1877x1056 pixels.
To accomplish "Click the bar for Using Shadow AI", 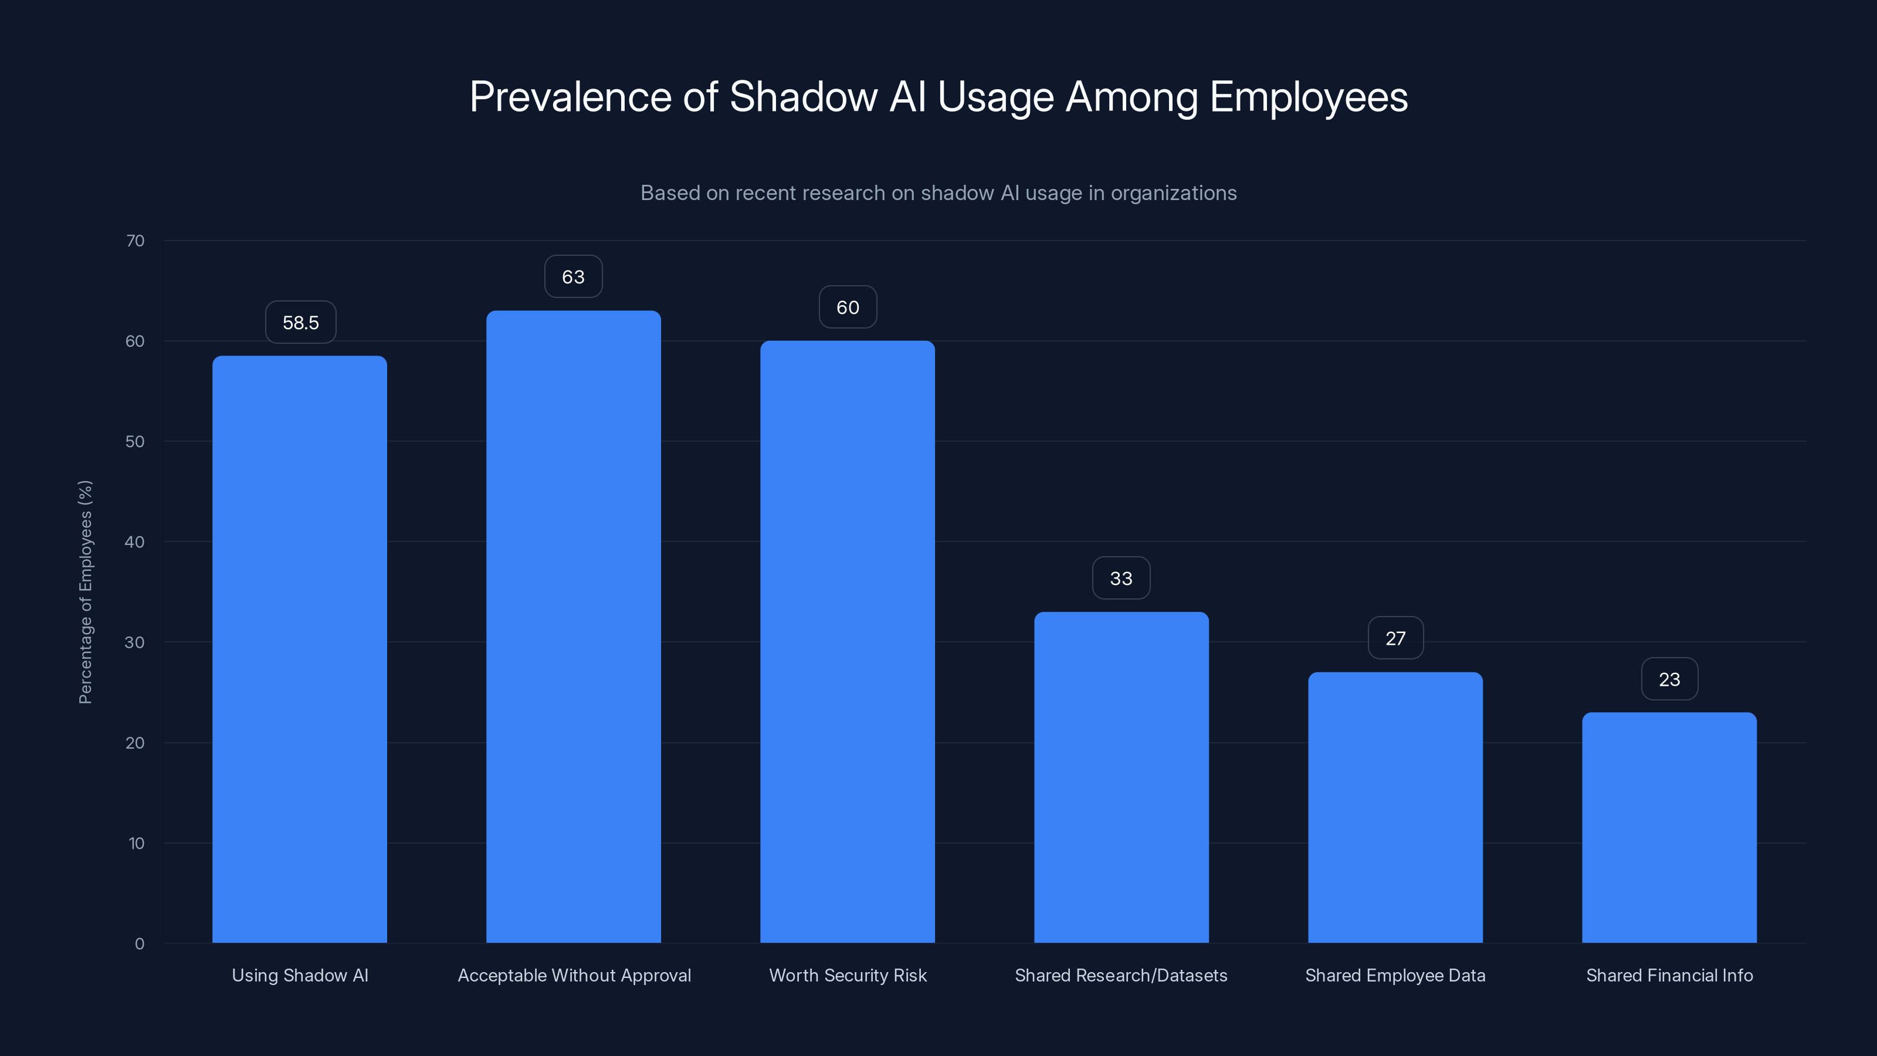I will [300, 649].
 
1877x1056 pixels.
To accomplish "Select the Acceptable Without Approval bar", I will [574, 627].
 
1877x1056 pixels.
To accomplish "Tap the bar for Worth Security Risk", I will [848, 641].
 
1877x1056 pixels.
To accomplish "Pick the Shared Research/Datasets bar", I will [1122, 777].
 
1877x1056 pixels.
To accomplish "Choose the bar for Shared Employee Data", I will [1395, 807].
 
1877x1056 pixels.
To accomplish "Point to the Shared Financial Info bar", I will [1669, 827].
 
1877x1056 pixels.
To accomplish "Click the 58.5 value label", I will [300, 322].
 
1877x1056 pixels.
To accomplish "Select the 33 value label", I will [1122, 578].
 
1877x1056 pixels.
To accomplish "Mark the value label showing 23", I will [1669, 679].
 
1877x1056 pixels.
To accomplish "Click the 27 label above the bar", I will [1395, 638].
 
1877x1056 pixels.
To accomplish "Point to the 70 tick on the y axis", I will [135, 241].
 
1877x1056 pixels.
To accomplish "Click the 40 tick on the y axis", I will [135, 541].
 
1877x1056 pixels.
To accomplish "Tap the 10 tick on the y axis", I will [136, 843].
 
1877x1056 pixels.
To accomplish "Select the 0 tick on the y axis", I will [139, 944].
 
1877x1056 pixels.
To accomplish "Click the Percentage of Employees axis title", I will [85, 592].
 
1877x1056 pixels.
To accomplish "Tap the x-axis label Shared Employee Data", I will [1395, 975].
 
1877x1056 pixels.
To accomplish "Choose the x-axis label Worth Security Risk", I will [848, 975].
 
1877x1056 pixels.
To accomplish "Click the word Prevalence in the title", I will [570, 97].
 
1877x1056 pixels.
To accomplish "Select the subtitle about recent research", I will [938, 193].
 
